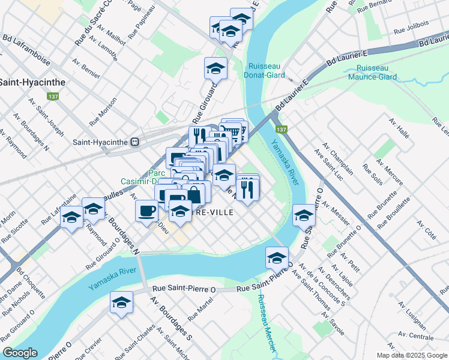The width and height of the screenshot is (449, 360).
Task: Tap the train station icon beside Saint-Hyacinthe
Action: [136, 142]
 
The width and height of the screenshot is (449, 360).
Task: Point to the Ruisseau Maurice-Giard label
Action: [376, 72]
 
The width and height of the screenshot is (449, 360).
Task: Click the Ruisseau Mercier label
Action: [265, 323]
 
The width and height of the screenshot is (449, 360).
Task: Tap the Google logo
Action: [20, 353]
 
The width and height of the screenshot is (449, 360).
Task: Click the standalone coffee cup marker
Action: [147, 211]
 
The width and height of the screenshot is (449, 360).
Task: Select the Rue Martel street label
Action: [200, 307]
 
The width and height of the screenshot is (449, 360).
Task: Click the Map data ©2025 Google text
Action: [411, 355]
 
